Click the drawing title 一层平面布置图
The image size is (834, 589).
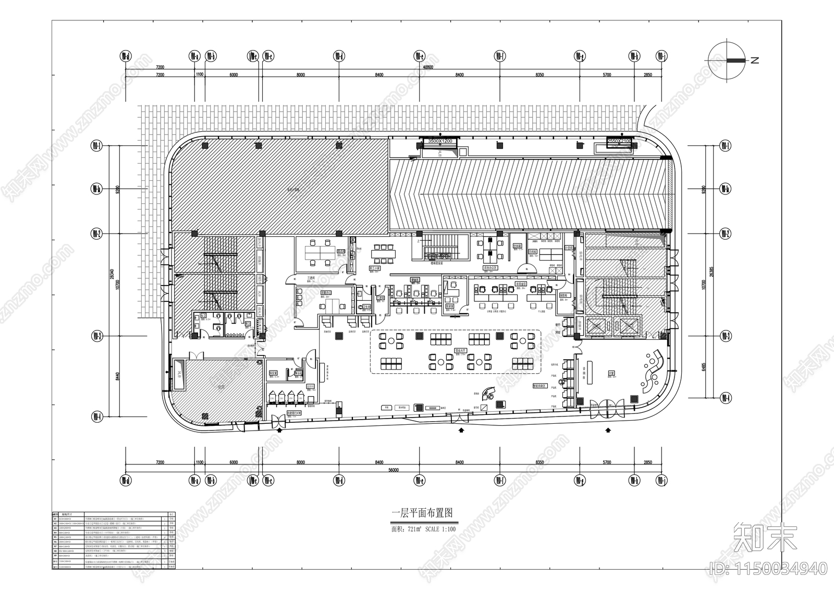point(422,513)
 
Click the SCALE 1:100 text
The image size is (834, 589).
point(440,529)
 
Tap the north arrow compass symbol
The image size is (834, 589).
point(728,60)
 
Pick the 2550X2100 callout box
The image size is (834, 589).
point(619,141)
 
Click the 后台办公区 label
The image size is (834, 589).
point(490,268)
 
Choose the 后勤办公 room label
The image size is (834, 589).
point(326,293)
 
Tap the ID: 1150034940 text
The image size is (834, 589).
point(769,568)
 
